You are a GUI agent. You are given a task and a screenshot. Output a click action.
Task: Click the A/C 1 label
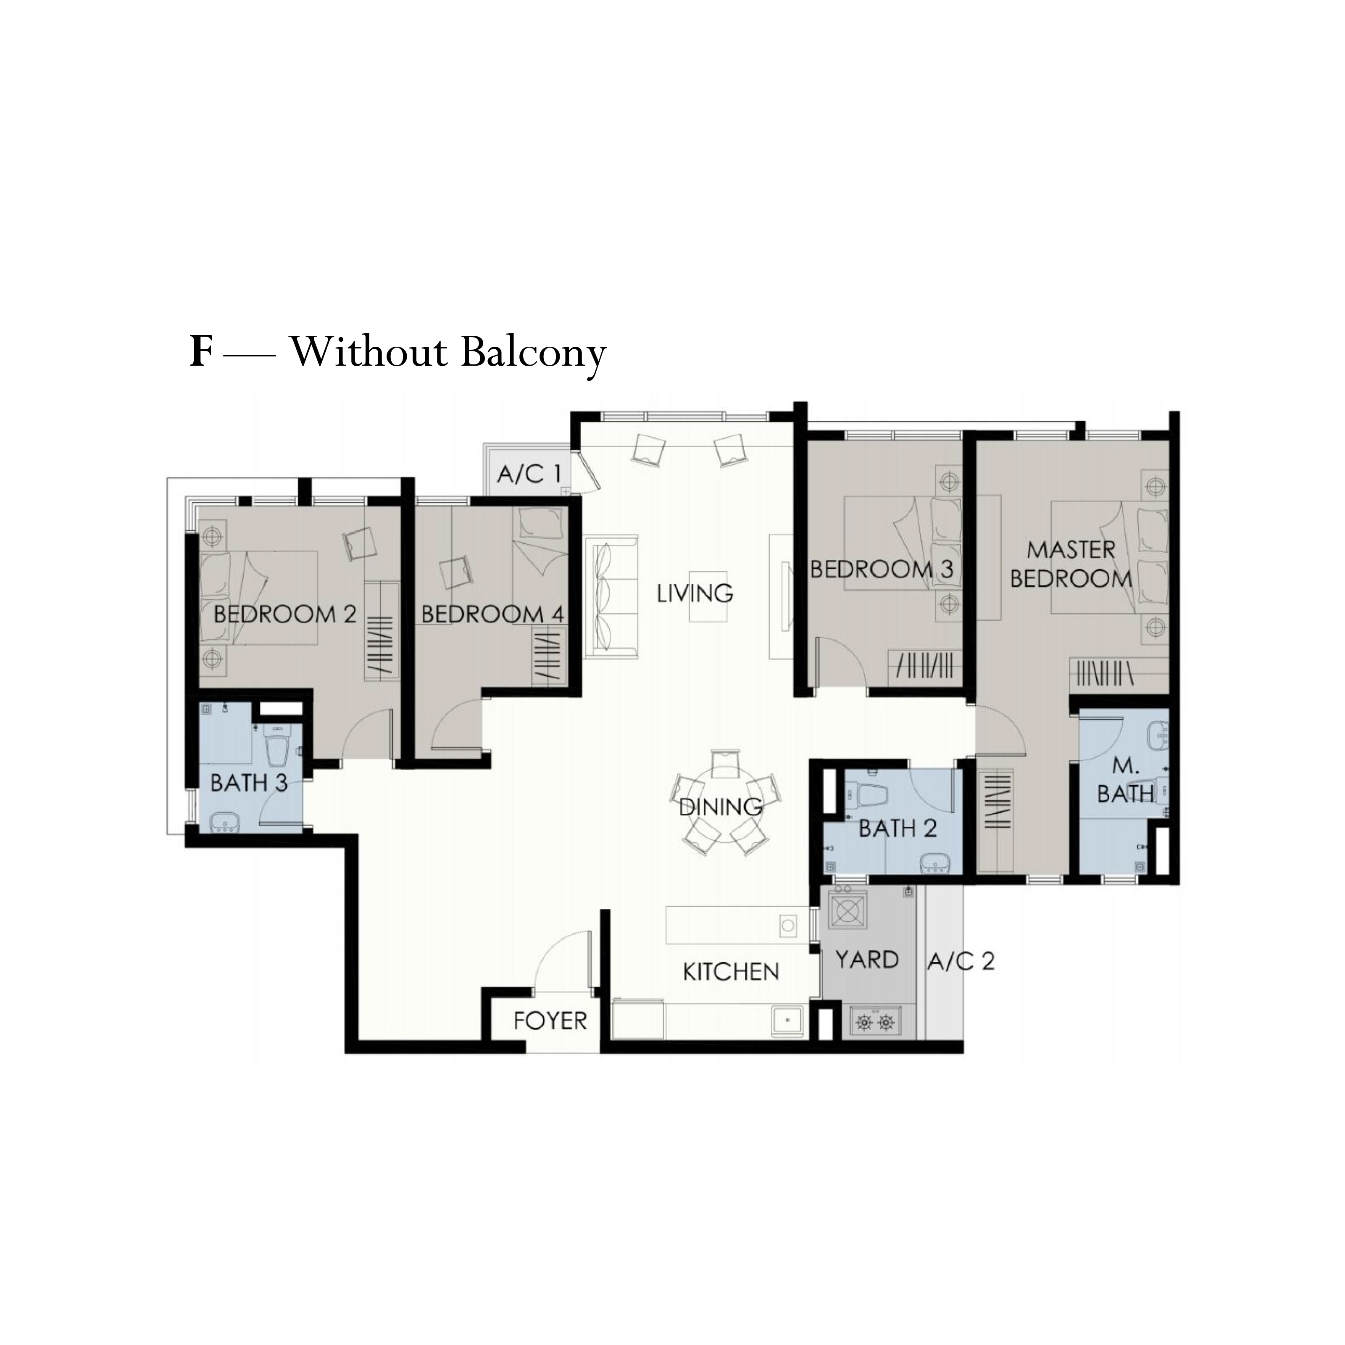tap(529, 475)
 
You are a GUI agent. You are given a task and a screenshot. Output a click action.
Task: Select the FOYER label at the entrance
tap(550, 1021)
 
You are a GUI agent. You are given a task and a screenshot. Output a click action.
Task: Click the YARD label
tap(867, 960)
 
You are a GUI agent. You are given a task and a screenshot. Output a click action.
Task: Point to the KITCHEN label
tap(731, 972)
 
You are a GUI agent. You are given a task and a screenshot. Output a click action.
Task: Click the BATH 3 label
tap(248, 783)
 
